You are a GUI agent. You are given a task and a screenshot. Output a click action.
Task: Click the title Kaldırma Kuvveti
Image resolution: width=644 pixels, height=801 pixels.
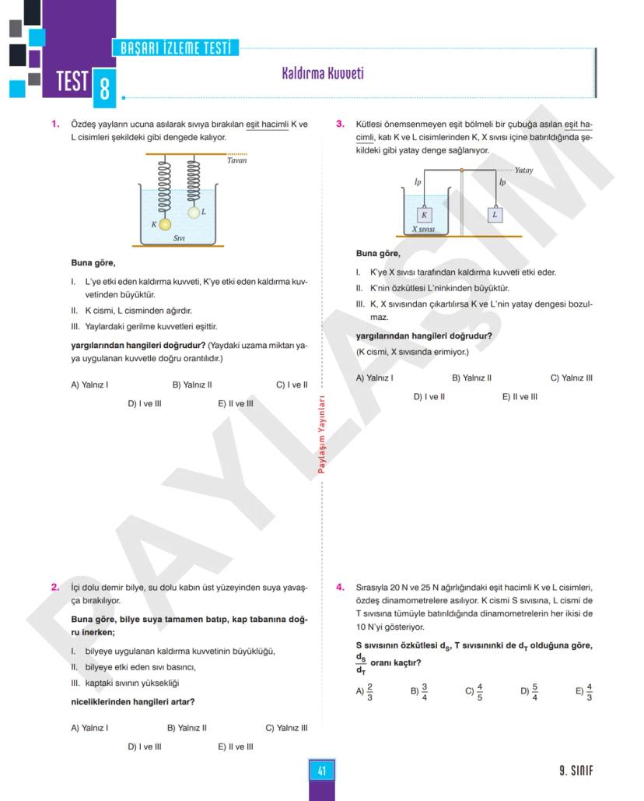pos(322,74)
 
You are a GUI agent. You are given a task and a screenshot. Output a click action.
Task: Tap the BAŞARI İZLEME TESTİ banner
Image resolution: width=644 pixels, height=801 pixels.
pos(176,48)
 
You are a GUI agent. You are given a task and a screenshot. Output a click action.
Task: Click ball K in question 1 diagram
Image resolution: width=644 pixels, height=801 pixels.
pos(164,225)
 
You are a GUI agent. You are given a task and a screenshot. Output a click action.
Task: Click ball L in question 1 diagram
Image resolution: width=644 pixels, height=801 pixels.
pos(193,212)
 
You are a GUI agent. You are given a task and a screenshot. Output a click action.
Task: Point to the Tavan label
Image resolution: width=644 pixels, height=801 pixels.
pos(236,160)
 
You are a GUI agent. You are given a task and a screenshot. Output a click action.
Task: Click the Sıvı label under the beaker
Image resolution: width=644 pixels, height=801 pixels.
pos(179,238)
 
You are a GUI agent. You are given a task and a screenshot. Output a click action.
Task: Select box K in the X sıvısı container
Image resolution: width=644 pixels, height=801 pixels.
pos(424,215)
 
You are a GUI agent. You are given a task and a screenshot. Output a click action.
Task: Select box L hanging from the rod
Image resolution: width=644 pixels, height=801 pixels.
pos(495,214)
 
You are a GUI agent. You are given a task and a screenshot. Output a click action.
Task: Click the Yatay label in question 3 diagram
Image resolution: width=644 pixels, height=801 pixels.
pos(523,170)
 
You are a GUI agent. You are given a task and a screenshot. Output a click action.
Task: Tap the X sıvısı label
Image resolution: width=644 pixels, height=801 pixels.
pos(423,230)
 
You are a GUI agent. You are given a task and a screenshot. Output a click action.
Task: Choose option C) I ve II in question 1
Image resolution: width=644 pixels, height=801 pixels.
pos(292,385)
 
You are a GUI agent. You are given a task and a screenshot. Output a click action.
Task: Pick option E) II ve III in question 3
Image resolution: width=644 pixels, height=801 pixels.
pos(520,397)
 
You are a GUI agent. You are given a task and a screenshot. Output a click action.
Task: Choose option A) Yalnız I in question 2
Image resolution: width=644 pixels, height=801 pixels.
pos(89,729)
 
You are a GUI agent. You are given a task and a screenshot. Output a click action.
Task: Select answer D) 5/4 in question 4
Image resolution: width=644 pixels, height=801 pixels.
pos(529,690)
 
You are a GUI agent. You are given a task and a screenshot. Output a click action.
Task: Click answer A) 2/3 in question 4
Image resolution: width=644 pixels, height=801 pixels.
pos(365,690)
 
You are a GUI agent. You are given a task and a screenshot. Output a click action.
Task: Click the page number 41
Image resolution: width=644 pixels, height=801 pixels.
pos(321,771)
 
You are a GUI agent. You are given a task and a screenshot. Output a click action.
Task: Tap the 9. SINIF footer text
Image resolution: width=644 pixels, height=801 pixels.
pos(576,771)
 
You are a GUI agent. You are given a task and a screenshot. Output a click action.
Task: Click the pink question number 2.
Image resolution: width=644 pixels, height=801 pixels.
pos(55,588)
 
